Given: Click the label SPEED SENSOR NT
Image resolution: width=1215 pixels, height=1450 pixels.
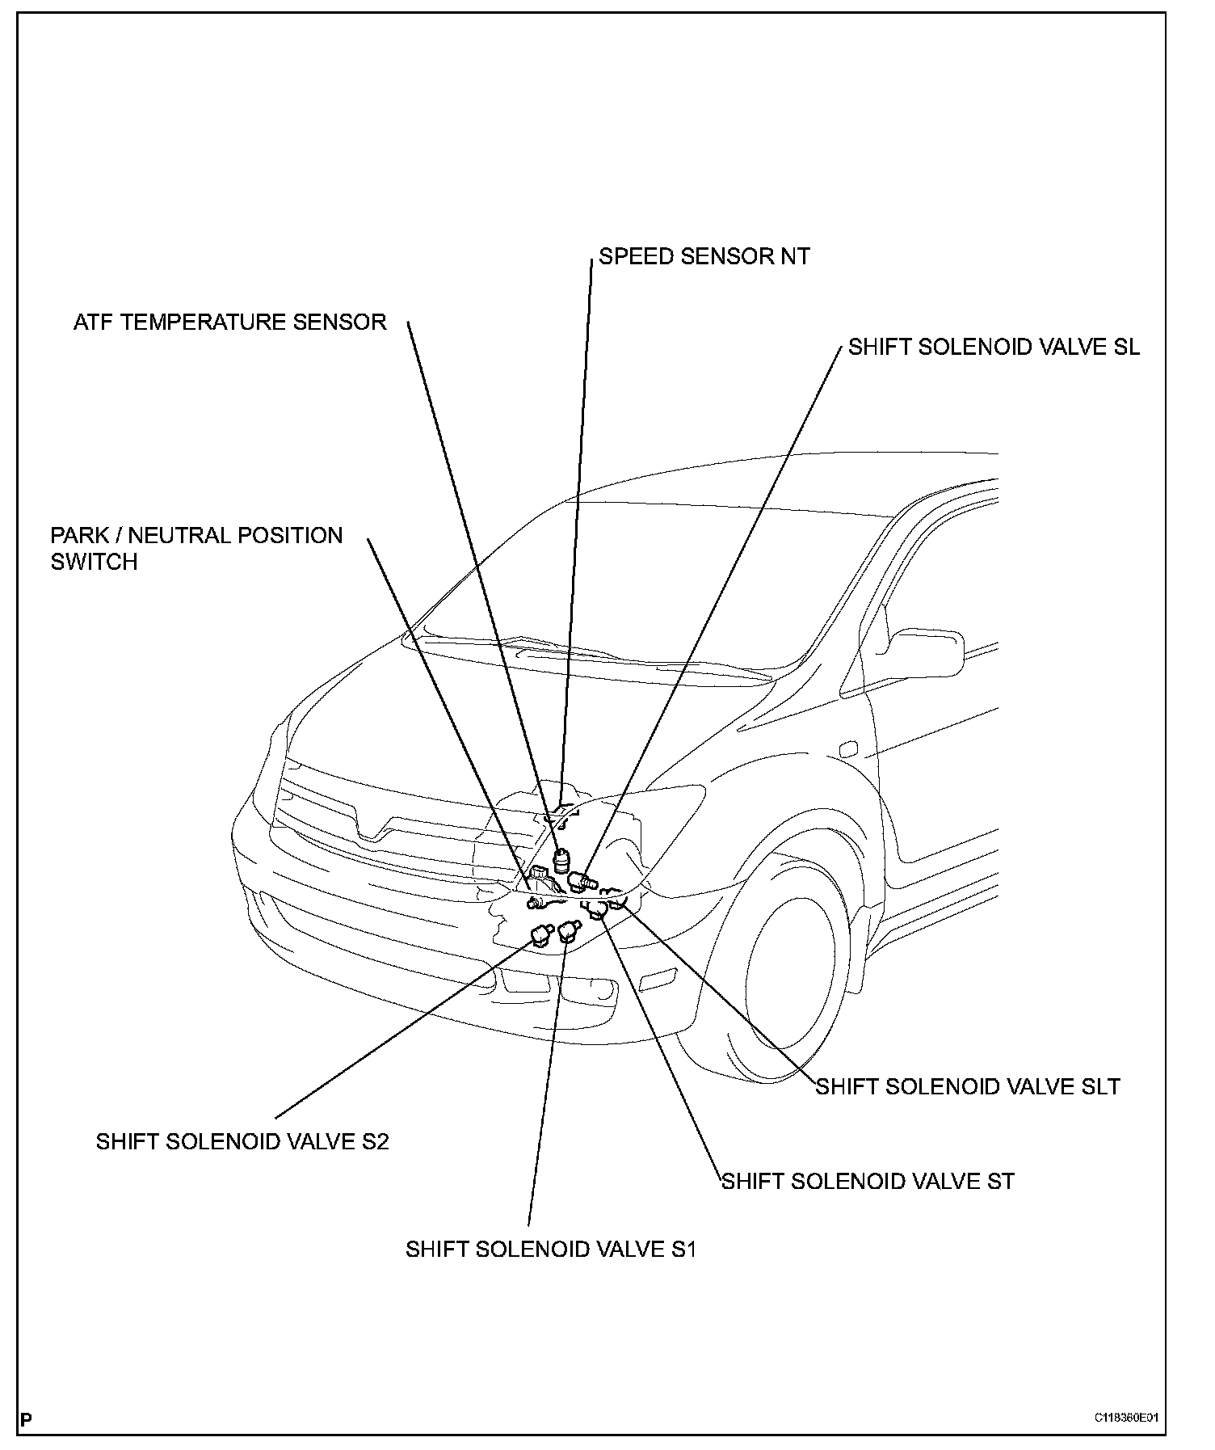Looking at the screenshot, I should pos(704,256).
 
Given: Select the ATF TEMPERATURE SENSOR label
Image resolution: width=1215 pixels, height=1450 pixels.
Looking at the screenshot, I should pos(229,322).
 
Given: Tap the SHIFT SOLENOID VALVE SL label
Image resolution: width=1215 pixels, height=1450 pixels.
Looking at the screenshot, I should pos(994,347).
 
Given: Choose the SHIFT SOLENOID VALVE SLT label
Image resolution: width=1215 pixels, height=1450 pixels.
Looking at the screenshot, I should pos(968,1086).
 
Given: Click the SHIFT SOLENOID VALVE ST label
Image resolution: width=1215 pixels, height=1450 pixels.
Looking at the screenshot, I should pos(868,1181).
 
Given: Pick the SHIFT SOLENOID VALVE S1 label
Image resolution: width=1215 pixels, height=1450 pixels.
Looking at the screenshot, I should pos(551,1249).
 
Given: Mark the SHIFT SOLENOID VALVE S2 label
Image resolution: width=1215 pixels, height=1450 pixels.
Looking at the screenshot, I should pos(242,1141).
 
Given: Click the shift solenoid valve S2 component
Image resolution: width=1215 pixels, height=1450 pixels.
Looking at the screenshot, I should pos(540,935).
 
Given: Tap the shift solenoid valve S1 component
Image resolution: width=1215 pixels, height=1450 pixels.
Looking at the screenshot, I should pos(570,931).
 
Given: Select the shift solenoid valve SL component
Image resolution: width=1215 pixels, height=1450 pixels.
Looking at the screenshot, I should pos(580,879).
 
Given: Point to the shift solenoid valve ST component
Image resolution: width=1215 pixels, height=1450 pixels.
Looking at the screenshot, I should pos(599,911).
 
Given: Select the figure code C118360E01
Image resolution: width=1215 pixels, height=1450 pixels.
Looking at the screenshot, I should pos(1126,1418).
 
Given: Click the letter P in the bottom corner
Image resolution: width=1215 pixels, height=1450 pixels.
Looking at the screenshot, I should pos(26,1419).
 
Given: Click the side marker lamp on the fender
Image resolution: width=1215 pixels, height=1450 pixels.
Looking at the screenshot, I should pos(847,749).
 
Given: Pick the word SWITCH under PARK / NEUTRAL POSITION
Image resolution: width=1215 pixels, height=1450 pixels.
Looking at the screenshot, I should pos(94,562).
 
